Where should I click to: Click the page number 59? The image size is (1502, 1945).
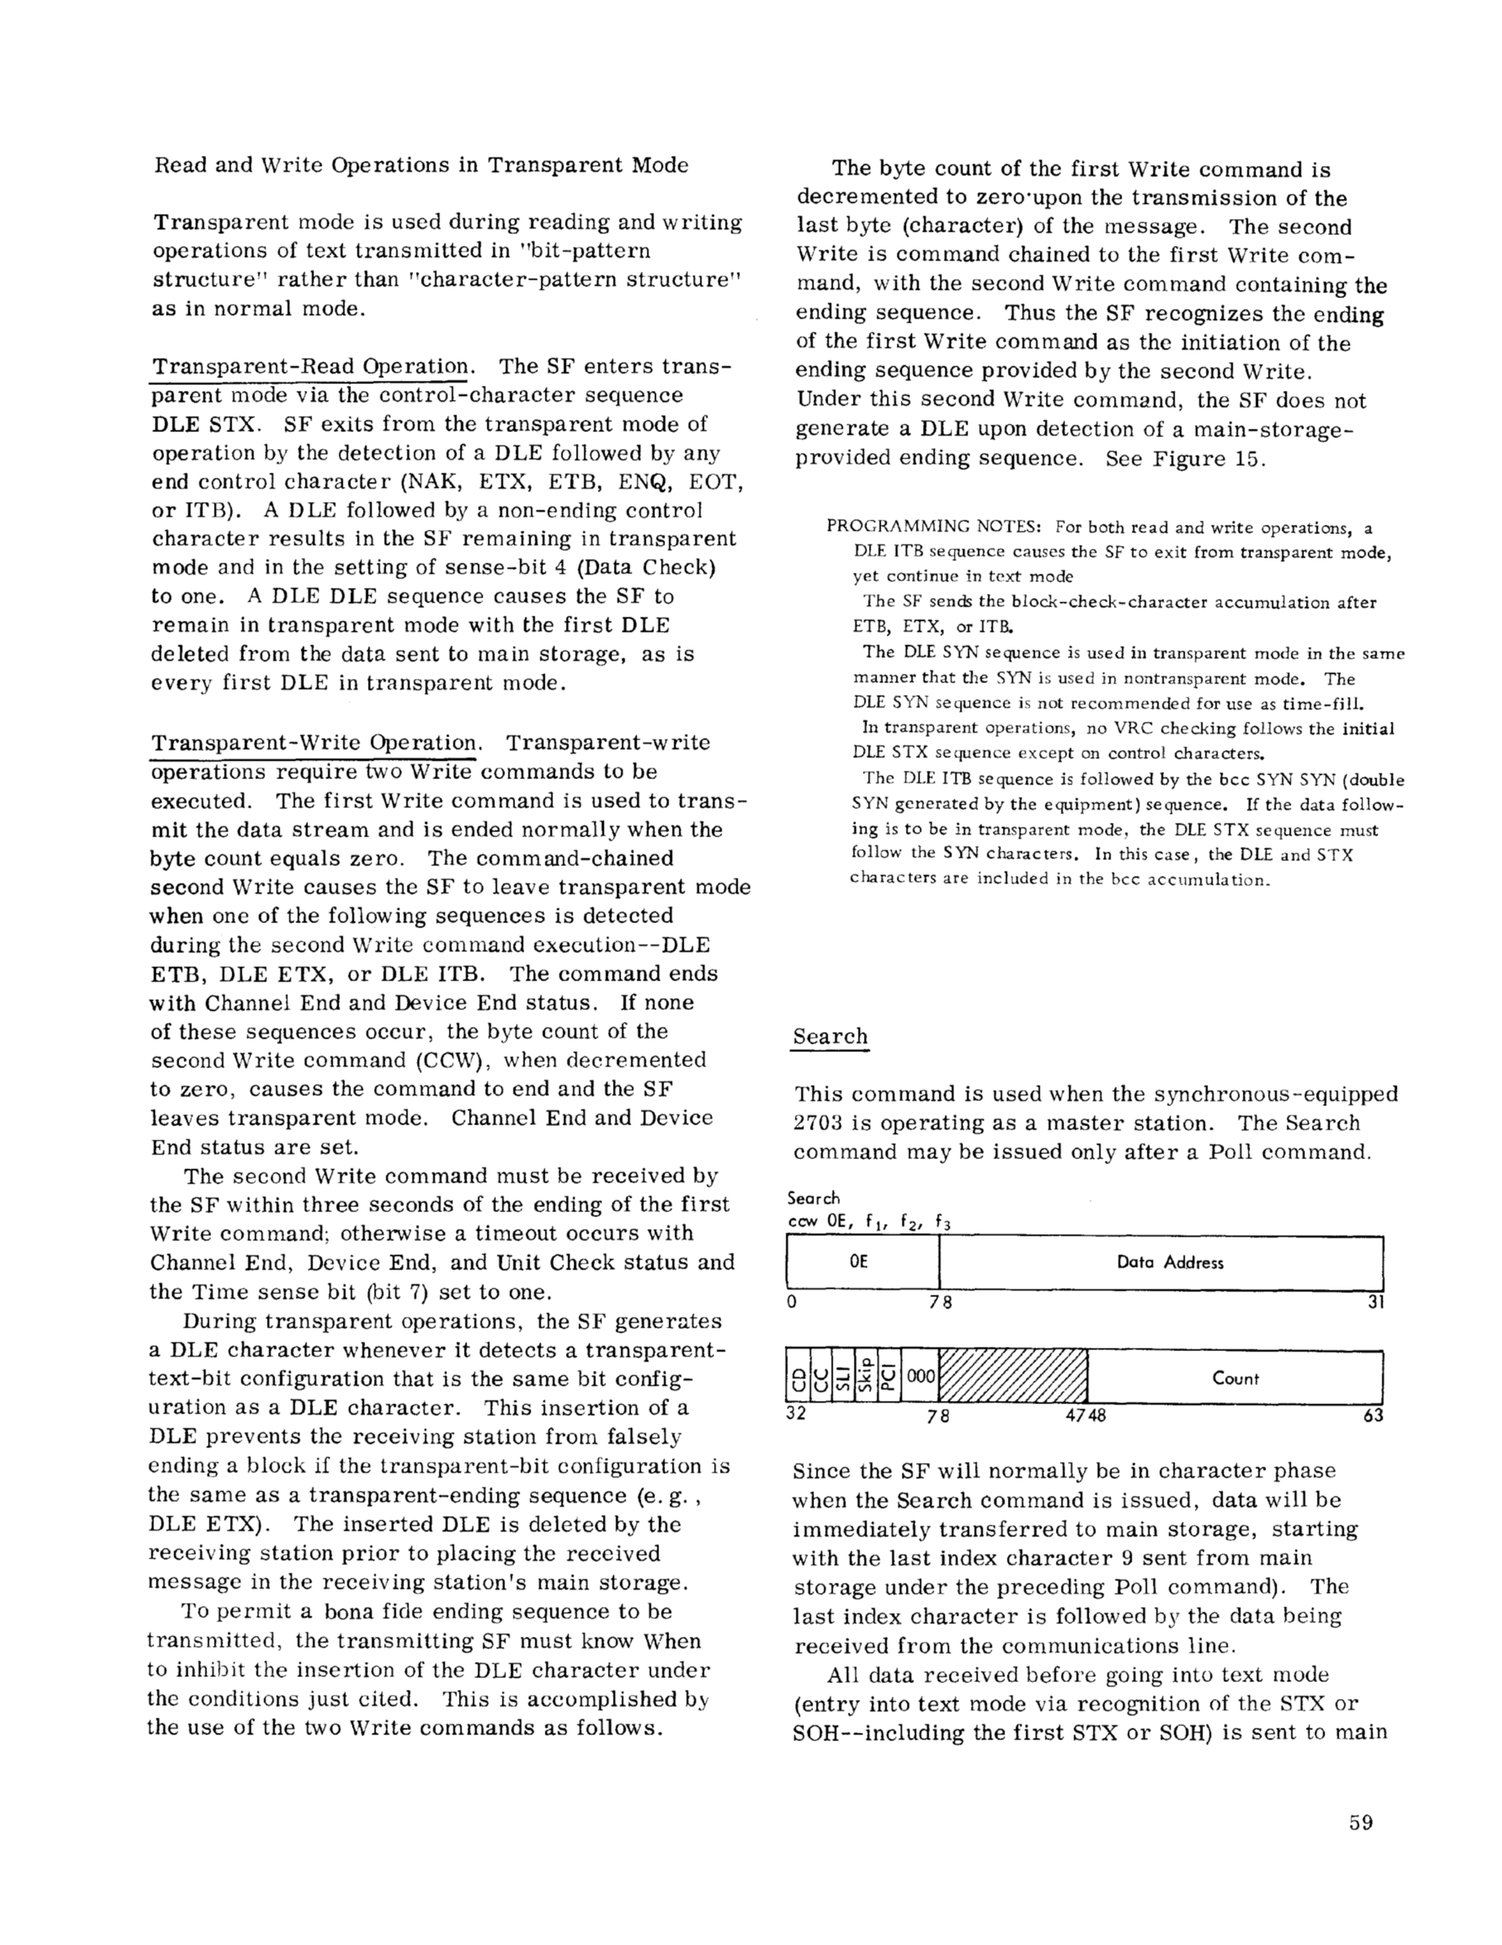click(1361, 1822)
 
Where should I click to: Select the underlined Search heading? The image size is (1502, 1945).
click(830, 1037)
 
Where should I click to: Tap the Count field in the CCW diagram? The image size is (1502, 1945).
click(1235, 1379)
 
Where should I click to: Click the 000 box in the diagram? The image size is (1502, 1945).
click(920, 1376)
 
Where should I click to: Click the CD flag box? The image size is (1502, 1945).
click(799, 1376)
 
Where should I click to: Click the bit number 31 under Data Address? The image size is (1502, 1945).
click(1375, 1302)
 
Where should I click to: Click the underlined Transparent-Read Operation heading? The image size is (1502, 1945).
click(310, 367)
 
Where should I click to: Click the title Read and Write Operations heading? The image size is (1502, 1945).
click(420, 166)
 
